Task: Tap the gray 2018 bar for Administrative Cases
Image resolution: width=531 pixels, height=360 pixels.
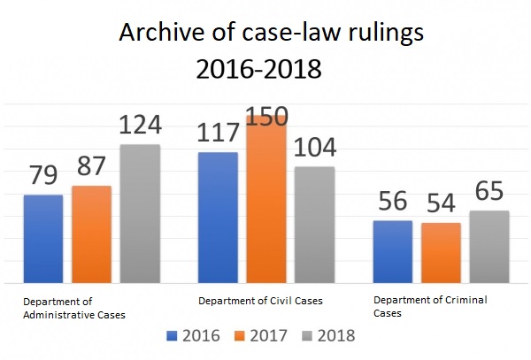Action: click(140, 214)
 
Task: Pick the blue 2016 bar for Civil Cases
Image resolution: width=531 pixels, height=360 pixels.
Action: click(218, 218)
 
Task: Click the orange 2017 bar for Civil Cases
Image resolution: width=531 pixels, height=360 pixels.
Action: click(266, 199)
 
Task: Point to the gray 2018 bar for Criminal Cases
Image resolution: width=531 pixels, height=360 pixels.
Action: click(489, 247)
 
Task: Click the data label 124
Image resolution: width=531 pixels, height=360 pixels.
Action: click(140, 125)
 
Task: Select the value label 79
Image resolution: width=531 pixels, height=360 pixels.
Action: click(43, 174)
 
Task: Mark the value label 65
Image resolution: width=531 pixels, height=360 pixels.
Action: click(489, 191)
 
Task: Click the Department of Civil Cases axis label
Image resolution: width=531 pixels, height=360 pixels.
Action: click(261, 301)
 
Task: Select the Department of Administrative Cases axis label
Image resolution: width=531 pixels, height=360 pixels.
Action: click(74, 307)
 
